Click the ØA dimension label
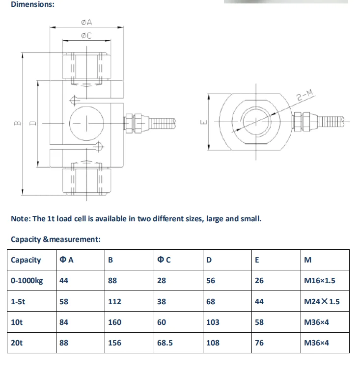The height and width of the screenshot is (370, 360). point(86,23)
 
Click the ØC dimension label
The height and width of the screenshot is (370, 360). point(86,36)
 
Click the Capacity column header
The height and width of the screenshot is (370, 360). point(26,260)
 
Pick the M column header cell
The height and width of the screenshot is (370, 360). point(308,260)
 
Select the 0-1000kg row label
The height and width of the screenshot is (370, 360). point(27,281)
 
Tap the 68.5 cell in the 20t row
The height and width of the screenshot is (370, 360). point(165,343)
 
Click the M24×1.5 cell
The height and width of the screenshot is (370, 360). point(322,301)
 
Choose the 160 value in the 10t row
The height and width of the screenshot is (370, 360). point(114,322)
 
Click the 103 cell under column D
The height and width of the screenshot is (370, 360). point(213,322)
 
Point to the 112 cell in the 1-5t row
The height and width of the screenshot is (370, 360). point(114,301)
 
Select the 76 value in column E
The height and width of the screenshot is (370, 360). point(259,343)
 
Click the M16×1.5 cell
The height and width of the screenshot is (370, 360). point(320,281)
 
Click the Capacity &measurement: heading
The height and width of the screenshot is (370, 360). point(55,239)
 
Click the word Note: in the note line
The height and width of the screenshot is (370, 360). point(21,218)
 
